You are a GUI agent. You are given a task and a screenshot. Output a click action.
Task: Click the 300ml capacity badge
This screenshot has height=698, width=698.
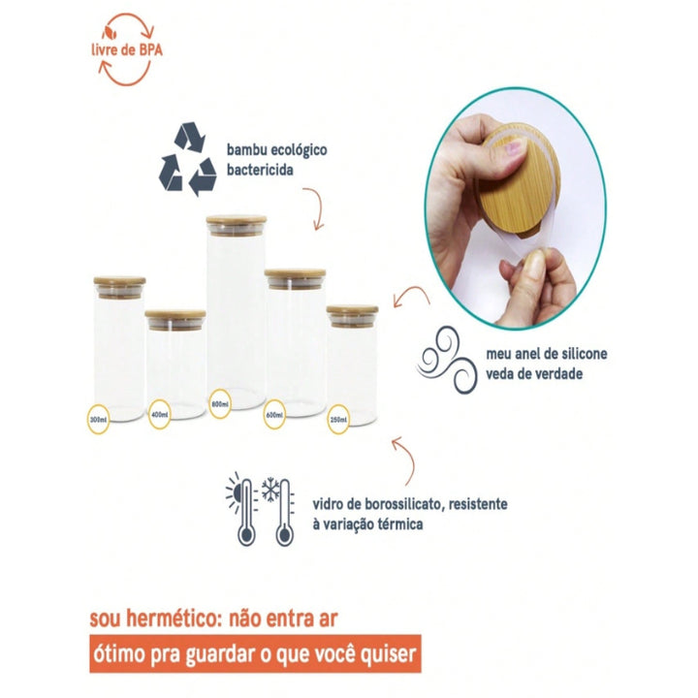[98, 420]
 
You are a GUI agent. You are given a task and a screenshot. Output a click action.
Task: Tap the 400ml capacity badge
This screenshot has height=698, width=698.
[159, 415]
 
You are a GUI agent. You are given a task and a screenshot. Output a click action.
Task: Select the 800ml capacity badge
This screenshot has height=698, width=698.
[220, 403]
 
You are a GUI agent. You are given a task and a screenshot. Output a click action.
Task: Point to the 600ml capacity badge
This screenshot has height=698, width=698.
[274, 415]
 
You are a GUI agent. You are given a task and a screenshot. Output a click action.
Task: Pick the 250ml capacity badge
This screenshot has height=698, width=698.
[338, 419]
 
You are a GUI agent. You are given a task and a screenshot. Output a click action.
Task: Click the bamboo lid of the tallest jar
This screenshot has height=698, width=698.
[237, 219]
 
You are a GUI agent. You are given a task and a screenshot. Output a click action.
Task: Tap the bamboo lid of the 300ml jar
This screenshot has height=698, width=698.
[119, 280]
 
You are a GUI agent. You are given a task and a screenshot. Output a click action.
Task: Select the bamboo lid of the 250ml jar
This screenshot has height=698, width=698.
[352, 309]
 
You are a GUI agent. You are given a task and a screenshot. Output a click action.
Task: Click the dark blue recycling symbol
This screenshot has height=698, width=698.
[188, 159]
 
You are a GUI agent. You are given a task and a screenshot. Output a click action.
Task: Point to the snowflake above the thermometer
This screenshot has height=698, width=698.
[270, 490]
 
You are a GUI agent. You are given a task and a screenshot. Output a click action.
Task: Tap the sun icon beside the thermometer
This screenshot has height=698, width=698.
[234, 492]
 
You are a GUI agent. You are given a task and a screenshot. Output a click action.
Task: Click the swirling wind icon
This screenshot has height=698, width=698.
[447, 360]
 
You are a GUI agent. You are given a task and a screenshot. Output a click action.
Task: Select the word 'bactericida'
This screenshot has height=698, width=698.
[260, 170]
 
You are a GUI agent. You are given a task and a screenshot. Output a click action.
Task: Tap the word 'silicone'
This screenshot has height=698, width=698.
[585, 354]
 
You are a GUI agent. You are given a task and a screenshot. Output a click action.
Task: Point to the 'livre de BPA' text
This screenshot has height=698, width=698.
[127, 49]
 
